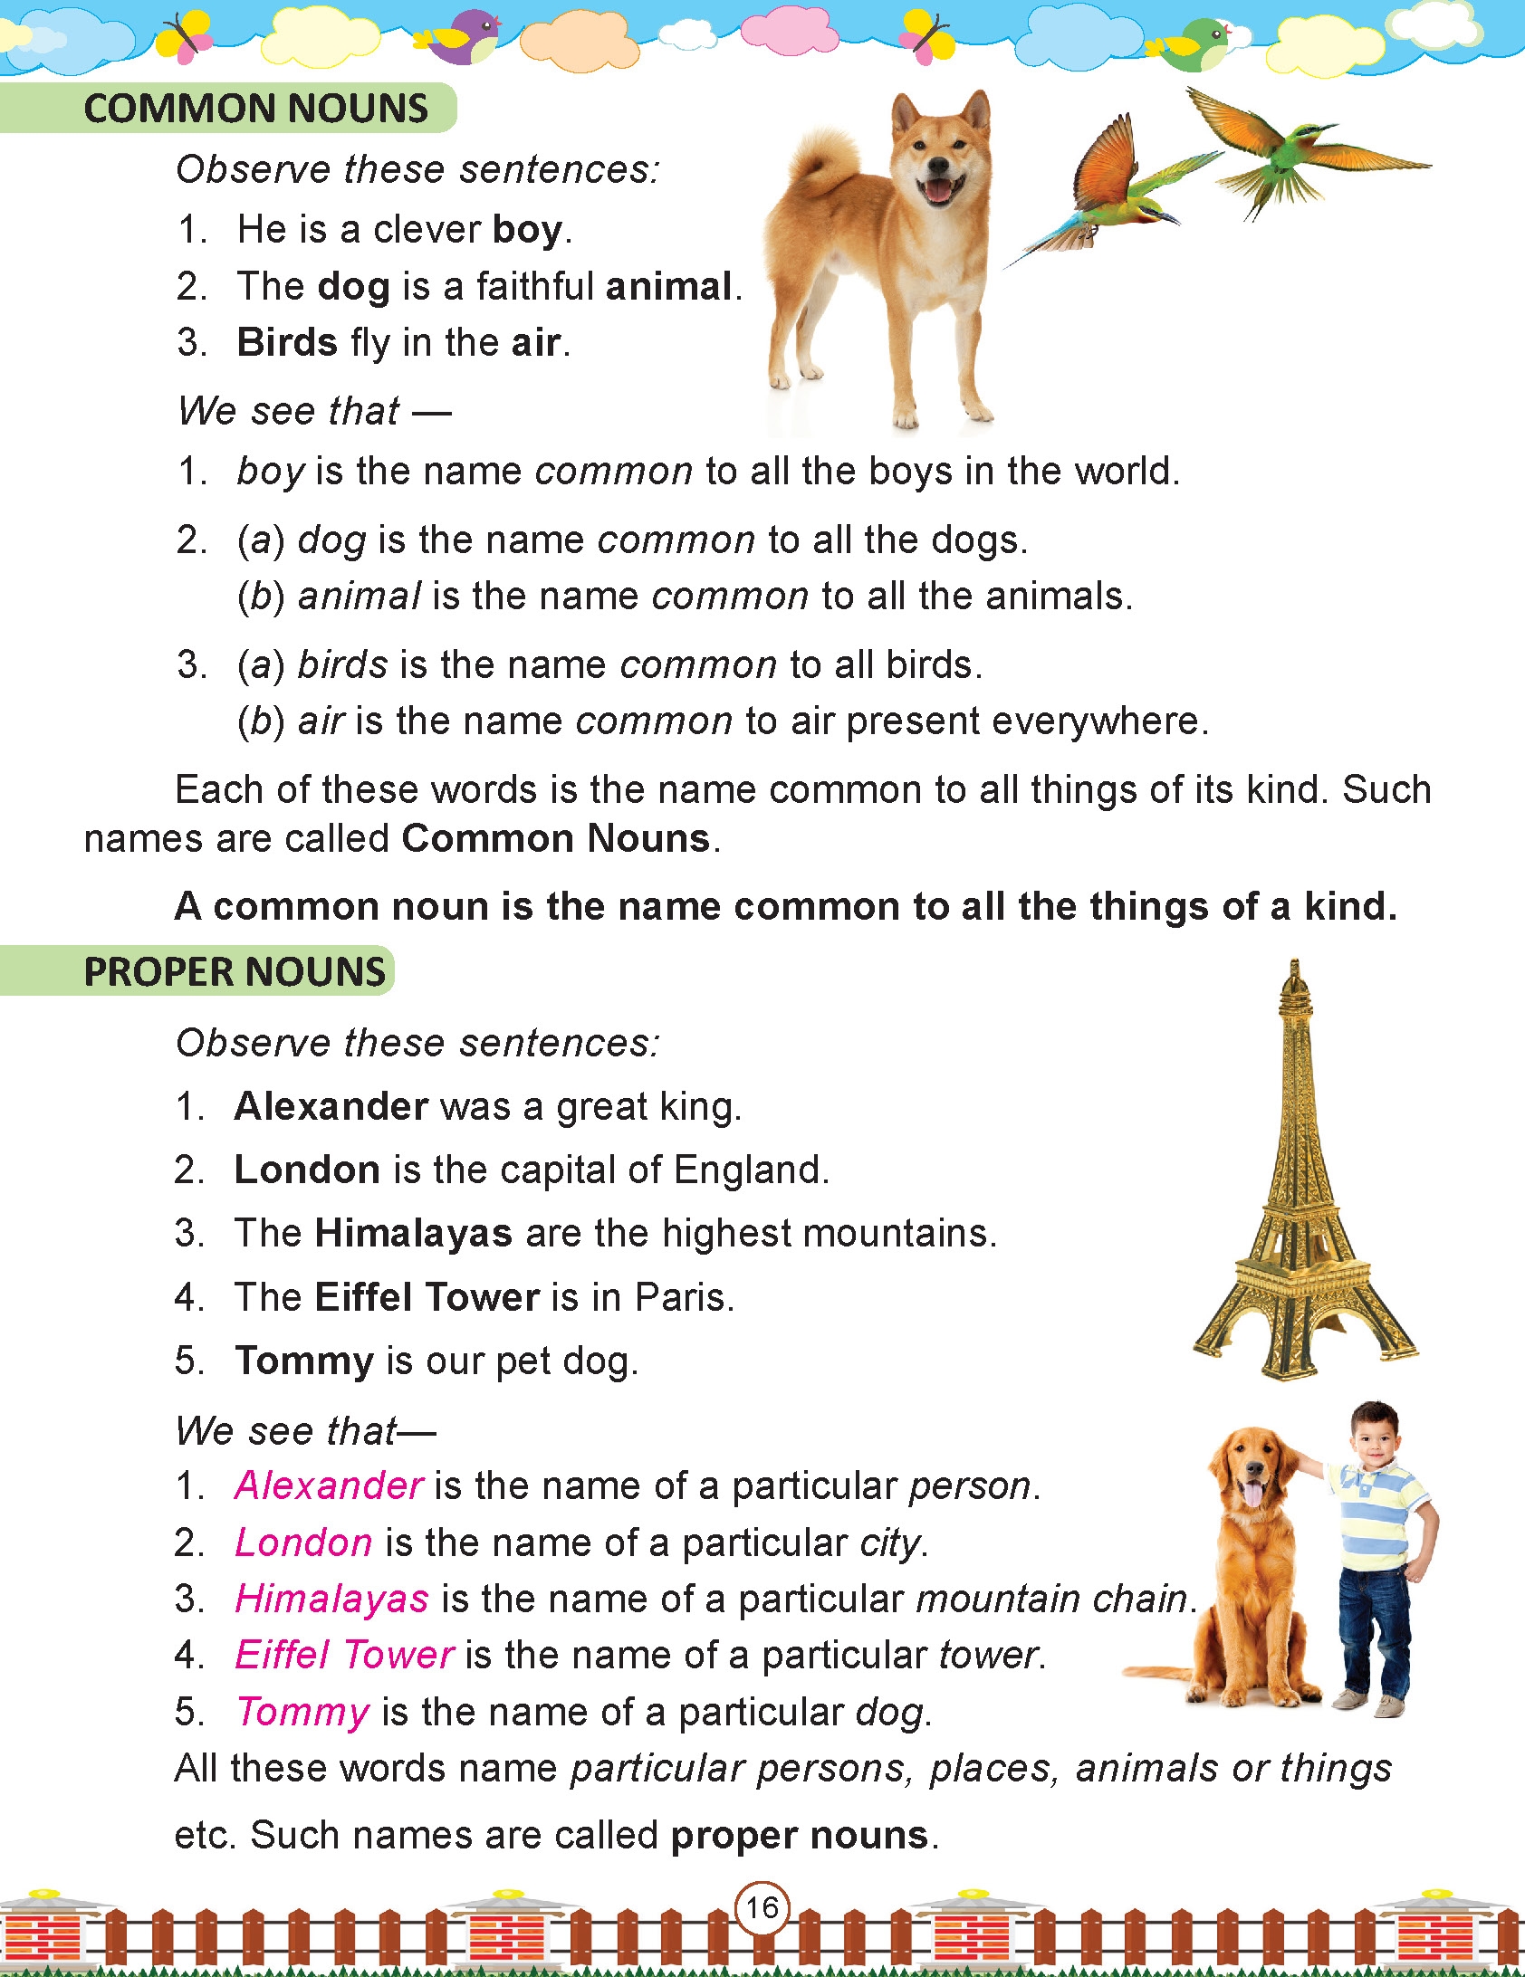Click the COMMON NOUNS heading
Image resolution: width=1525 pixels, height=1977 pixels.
tap(255, 109)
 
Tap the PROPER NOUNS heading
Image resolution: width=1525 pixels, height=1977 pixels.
tap(235, 972)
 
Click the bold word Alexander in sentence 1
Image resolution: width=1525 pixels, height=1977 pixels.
tap(331, 1106)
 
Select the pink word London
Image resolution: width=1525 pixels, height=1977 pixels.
tap(303, 1542)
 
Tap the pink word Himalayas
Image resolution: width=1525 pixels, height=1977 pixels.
tap(331, 1600)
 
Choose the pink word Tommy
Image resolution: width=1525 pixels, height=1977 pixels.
tap(302, 1712)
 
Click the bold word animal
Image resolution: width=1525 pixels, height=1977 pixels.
tap(668, 287)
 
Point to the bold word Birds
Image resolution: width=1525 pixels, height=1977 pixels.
tap(287, 343)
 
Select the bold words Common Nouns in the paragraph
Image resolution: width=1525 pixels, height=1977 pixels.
tap(555, 839)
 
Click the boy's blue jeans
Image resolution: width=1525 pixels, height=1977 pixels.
tap(1375, 1620)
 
